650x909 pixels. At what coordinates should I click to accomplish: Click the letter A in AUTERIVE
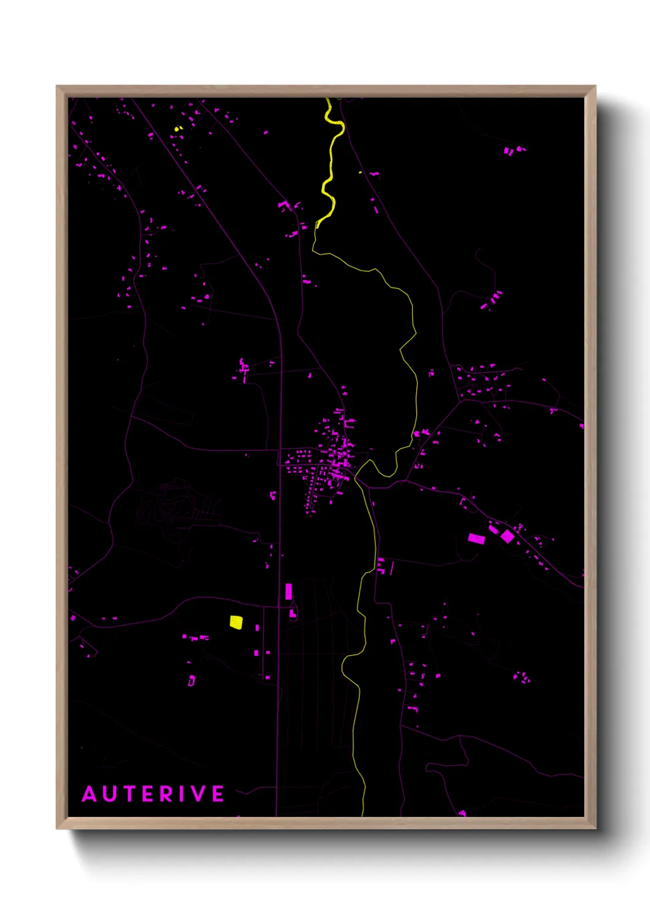90,794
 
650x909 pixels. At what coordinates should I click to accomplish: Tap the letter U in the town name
110,794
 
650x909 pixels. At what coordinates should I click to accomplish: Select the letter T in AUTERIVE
130,794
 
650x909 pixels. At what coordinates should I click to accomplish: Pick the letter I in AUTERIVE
182,794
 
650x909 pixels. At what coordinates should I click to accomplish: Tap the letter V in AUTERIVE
198,794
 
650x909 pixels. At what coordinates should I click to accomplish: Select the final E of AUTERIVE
218,794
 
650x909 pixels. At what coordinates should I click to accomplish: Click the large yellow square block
236,622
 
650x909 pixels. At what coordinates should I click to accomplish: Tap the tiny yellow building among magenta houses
178,128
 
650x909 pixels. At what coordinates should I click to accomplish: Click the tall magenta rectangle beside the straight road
289,591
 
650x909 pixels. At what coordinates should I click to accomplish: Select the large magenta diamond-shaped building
507,536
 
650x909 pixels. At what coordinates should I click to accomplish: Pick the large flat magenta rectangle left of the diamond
476,539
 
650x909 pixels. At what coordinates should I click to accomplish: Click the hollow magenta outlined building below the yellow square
192,681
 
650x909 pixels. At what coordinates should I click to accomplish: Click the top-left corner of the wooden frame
57,87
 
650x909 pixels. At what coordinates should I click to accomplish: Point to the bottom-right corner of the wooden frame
595,828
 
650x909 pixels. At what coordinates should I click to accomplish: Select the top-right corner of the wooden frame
595,87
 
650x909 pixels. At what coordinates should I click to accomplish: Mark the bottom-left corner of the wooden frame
57,828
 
